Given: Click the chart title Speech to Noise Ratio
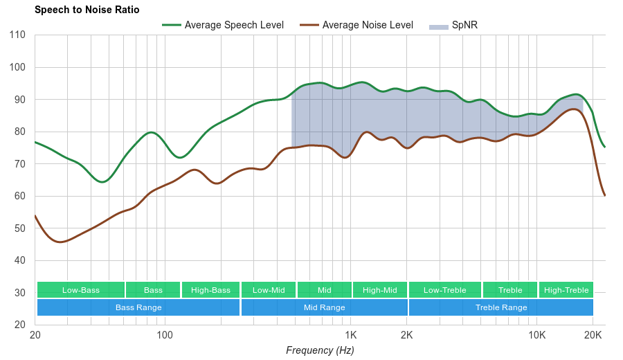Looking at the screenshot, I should [87, 10].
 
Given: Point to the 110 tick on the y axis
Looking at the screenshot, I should [18, 35].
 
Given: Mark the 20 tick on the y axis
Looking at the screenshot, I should [19, 325].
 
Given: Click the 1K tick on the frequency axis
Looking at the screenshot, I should [350, 335].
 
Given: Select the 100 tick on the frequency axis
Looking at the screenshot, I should [165, 335].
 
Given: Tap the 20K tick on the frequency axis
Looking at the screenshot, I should [593, 335].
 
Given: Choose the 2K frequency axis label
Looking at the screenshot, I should [406, 335].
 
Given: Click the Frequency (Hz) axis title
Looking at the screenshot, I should [320, 350].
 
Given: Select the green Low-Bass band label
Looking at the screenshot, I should [81, 290].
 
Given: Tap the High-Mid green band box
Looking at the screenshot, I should [380, 290].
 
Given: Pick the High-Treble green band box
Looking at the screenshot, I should [566, 290].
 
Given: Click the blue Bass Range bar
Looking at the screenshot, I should [138, 307].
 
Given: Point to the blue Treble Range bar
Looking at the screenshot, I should [501, 307].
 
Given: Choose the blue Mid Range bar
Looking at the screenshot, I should [324, 307].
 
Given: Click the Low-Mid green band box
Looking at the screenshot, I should [269, 290].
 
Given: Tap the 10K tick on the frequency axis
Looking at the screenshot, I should [536, 335].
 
